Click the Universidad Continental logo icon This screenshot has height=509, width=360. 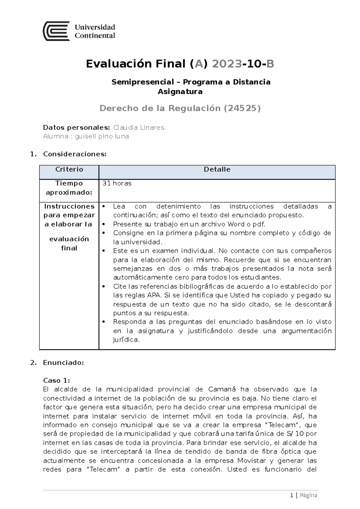coord(56,31)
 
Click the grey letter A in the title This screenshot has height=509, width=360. coord(199,64)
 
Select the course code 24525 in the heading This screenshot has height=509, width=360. coord(242,108)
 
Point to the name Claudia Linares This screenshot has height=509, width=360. coord(139,127)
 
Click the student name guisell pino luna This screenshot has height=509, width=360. coord(102,136)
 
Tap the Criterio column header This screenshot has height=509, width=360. coord(69,169)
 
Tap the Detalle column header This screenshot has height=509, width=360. coord(217,169)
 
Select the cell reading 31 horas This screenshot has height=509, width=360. coord(117,183)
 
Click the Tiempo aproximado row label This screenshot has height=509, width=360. coord(69,188)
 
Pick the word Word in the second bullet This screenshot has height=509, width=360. coord(236,224)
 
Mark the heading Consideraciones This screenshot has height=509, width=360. coord(75,154)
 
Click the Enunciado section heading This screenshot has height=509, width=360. coord(63,363)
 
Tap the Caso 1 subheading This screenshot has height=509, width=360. coord(56,380)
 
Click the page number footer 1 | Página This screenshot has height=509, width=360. coord(303,496)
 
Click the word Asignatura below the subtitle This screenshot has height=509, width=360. coord(180,92)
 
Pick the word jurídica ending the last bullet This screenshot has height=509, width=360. coord(126,340)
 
